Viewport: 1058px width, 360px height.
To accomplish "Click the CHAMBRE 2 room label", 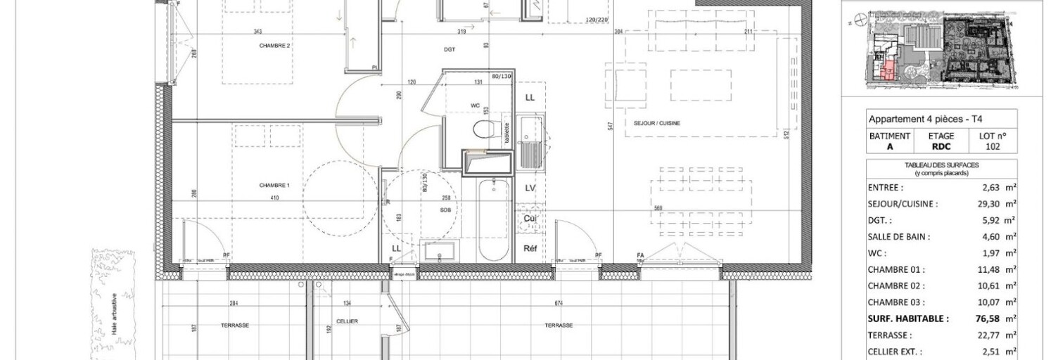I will click(x=274, y=46).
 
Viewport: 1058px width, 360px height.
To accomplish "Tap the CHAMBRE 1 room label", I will click(x=274, y=185).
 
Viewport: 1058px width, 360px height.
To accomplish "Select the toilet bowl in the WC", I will click(x=483, y=131).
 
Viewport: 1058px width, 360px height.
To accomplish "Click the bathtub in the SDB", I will click(x=492, y=218).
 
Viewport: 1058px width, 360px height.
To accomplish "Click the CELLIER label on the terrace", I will click(x=347, y=321).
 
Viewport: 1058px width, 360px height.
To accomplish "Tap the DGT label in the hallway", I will click(x=450, y=50).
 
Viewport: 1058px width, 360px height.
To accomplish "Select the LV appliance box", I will click(x=530, y=188).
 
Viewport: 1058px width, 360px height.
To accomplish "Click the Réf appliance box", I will click(x=530, y=248).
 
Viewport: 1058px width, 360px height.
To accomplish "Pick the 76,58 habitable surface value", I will click(x=991, y=319).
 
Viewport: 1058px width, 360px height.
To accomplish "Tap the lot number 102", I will click(x=993, y=147).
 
